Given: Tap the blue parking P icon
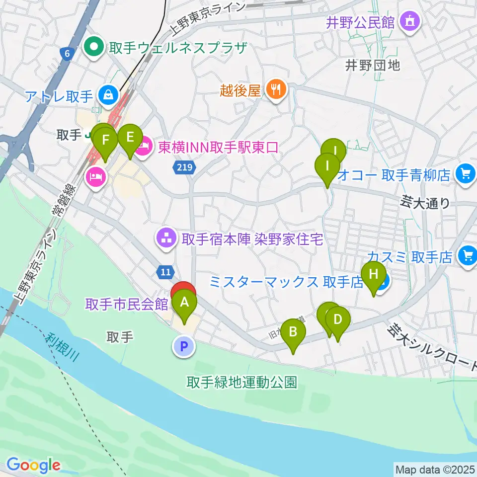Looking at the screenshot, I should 183,346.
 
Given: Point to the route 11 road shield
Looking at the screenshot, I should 165,271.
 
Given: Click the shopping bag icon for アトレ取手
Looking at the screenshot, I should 107,93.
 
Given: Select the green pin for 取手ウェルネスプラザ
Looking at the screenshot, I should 92,48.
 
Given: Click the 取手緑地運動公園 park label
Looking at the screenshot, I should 242,382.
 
